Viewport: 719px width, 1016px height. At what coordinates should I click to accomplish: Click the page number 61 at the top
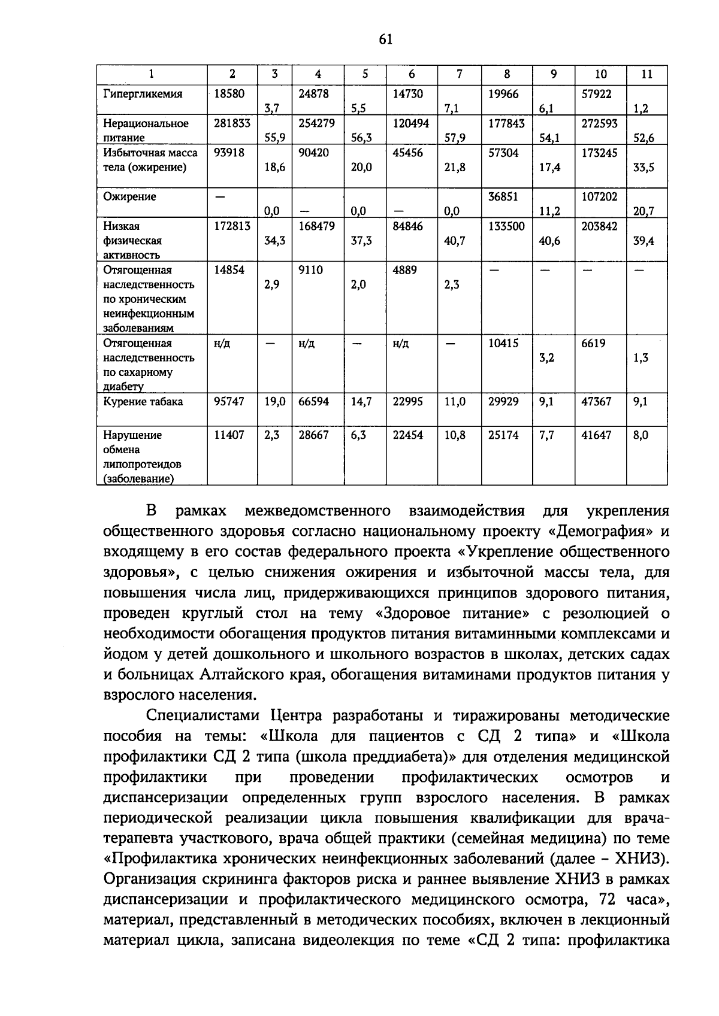(385, 40)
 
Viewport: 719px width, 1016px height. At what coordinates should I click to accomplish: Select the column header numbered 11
(647, 74)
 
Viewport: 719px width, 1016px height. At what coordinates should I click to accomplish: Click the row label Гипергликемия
(143, 94)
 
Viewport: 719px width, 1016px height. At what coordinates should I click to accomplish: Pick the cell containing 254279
(317, 123)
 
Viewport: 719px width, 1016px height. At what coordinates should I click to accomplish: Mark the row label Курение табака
(143, 402)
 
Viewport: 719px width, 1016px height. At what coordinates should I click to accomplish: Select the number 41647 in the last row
(596, 435)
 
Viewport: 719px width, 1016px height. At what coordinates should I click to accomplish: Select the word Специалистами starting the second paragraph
(204, 715)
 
